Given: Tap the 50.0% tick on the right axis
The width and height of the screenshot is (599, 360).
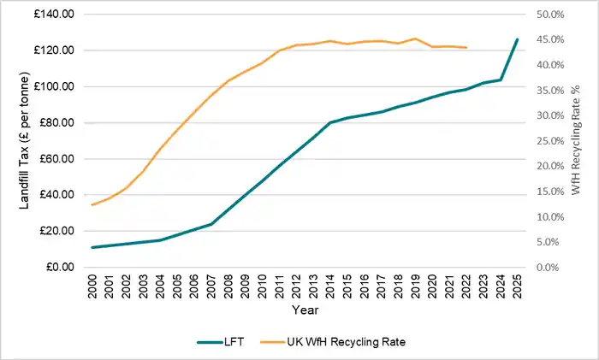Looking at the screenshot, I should tap(549, 15).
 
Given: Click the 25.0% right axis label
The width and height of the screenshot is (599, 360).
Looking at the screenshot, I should tap(549, 141).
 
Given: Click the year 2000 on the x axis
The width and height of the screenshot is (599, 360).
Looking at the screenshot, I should tap(92, 286).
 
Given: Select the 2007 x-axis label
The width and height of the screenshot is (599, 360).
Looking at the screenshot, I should tap(211, 286).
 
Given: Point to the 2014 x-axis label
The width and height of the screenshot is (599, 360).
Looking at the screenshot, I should tap(329, 286).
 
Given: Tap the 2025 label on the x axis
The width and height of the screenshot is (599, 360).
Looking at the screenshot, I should tap(516, 286).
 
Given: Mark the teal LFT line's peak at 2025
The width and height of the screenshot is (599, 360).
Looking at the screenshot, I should tap(516, 39).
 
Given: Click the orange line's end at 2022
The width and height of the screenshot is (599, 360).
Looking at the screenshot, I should tap(466, 47).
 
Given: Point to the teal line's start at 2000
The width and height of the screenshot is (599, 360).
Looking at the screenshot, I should tap(92, 247).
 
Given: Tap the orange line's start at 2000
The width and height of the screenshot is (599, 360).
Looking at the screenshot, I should tap(92, 204).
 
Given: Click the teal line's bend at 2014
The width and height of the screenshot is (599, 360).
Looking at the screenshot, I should tap(329, 122).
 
